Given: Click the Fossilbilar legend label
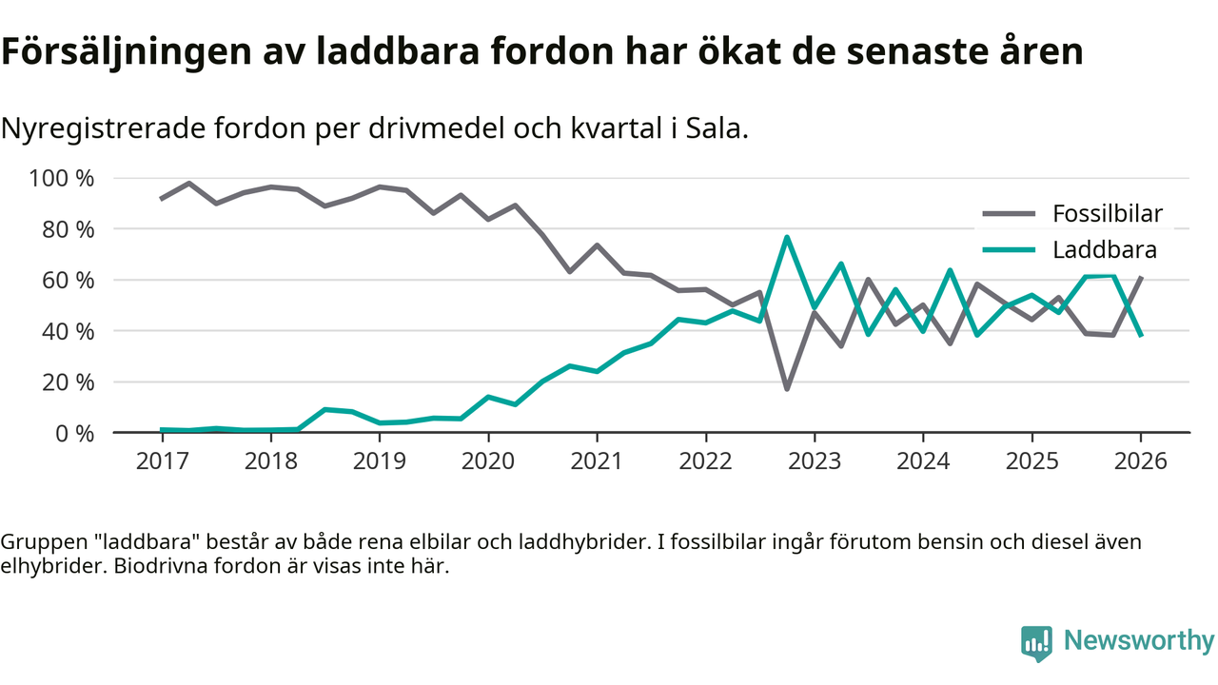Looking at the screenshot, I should [x=1108, y=213].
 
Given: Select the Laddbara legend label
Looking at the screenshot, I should [x=1104, y=250].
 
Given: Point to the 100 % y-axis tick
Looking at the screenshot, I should [x=62, y=179].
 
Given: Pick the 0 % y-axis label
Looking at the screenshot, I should [x=74, y=433].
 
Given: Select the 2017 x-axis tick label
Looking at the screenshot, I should [x=162, y=460].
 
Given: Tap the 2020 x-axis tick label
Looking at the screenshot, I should [x=488, y=460].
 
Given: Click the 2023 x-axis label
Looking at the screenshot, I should [x=814, y=460].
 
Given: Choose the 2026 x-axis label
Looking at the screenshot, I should [x=1140, y=460].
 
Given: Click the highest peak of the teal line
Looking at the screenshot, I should [x=787, y=237].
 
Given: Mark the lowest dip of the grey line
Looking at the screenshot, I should [x=787, y=389].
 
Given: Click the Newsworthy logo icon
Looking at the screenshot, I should [x=1036, y=643].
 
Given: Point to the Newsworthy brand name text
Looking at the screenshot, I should [x=1139, y=641].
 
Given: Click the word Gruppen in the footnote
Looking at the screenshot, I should [x=41, y=542].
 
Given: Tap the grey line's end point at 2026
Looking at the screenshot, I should [x=1141, y=277].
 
